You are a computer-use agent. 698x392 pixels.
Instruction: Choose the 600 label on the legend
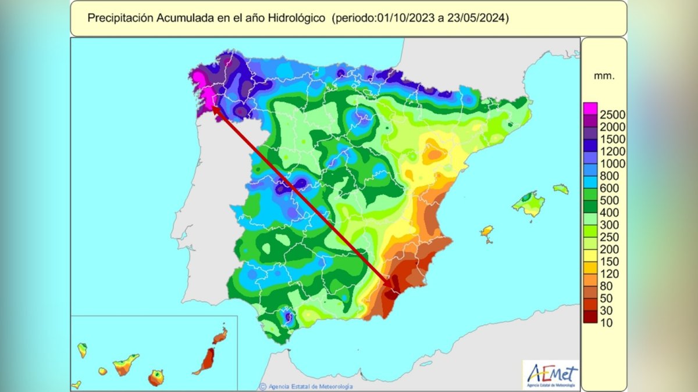[x=609, y=188]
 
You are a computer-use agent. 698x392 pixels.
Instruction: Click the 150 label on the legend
[x=609, y=261]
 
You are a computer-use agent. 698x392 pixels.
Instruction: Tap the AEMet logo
[x=550, y=374]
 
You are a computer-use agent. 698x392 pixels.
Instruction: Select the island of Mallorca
[x=529, y=203]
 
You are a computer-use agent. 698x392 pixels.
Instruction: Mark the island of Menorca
[x=560, y=189]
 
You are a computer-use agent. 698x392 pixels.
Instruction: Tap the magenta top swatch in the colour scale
[x=590, y=107]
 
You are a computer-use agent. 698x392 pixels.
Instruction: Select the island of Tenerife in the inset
[x=125, y=365]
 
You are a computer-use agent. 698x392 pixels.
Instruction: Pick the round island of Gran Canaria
[x=156, y=378]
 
